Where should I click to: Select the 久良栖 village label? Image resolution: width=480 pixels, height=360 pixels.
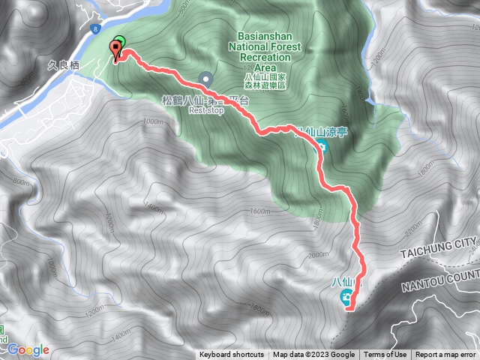64,65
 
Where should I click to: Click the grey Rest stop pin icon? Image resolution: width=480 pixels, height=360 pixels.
206,77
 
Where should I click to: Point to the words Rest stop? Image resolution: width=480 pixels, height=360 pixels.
206,109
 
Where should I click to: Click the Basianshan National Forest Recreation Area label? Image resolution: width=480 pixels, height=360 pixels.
269,51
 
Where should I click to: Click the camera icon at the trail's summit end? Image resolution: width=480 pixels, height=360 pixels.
347,298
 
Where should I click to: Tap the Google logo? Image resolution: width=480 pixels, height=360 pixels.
28,349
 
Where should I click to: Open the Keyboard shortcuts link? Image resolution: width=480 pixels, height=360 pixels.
232,355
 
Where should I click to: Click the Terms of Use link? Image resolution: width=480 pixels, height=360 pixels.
385,355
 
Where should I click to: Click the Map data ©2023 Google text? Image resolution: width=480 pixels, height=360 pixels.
313,355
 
